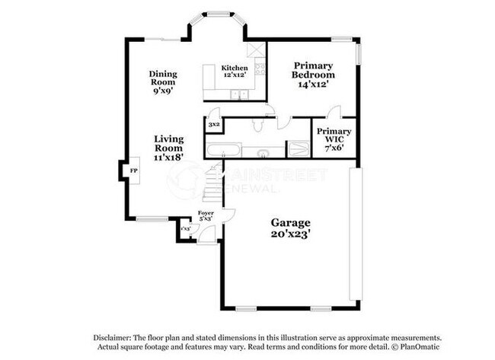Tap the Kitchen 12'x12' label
[235, 73]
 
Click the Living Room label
[169, 148]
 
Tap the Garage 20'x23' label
[291, 228]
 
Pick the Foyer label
[206, 215]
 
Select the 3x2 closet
[214, 124]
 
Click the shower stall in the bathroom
[296, 148]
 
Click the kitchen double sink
[241, 95]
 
